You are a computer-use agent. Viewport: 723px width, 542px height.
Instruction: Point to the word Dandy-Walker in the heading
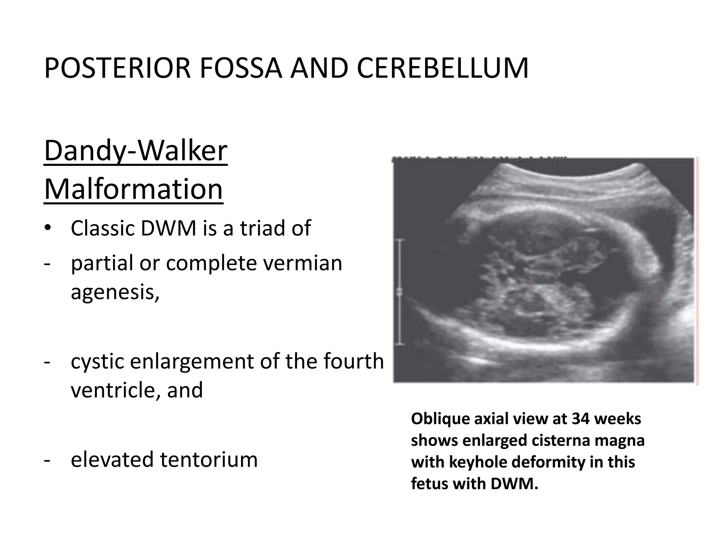click(x=136, y=151)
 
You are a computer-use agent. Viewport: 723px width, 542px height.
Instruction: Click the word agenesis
click(x=115, y=292)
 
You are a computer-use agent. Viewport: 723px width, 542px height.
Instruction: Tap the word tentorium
click(x=209, y=459)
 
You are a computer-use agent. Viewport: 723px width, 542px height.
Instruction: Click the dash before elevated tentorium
click(x=47, y=460)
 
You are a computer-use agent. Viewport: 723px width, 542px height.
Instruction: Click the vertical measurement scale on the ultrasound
click(x=400, y=291)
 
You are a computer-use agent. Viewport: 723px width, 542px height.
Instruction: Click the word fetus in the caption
click(x=430, y=483)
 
